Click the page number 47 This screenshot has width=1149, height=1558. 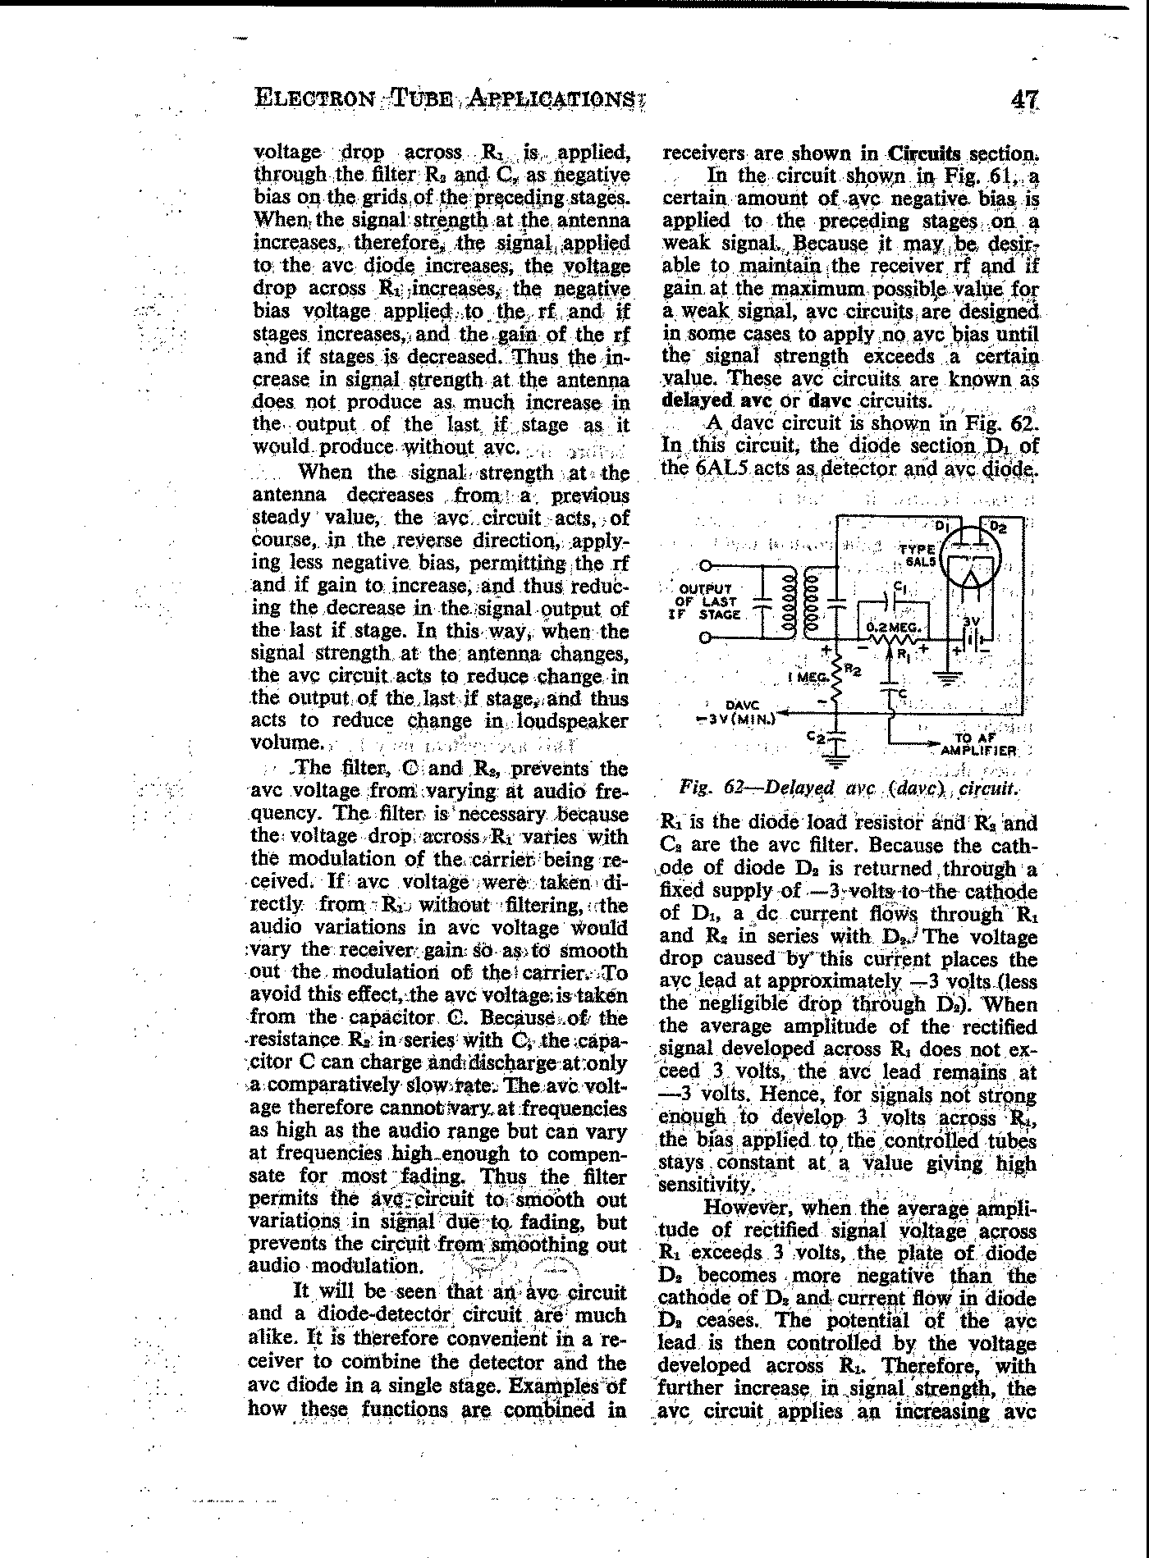pos(1024,99)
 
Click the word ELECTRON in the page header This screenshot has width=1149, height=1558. pos(311,99)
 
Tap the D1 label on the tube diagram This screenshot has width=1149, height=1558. pos(942,525)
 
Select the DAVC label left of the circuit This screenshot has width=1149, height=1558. pos(743,704)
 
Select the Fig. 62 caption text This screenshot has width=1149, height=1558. pos(849,789)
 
